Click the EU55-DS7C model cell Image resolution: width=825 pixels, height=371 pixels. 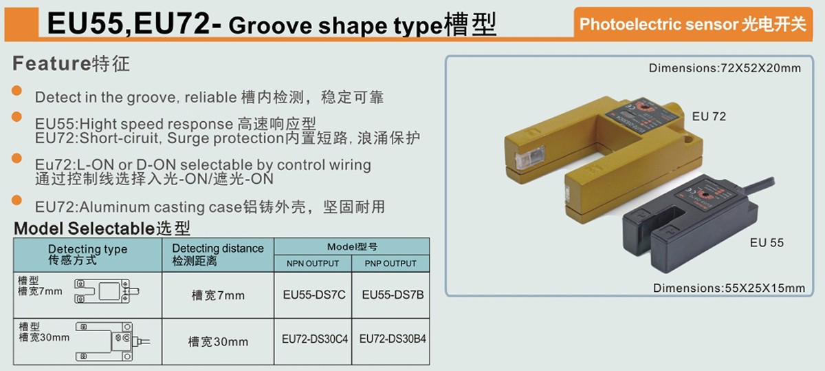313,295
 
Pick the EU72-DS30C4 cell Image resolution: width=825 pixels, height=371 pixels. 313,339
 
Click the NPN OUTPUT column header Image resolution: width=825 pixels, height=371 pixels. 313,263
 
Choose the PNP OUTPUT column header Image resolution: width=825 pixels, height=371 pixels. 390,263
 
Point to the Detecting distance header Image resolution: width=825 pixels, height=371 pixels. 218,254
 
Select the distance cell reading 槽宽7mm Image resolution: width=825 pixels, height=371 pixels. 218,296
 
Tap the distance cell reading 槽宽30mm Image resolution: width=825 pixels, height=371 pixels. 218,341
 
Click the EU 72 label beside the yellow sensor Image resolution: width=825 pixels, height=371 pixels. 709,116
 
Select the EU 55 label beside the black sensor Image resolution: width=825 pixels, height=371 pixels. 767,242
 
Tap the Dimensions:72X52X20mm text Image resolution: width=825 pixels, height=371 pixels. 725,68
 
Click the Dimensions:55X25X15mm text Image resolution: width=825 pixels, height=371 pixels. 728,288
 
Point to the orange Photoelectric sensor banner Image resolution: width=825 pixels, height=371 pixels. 692,24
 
